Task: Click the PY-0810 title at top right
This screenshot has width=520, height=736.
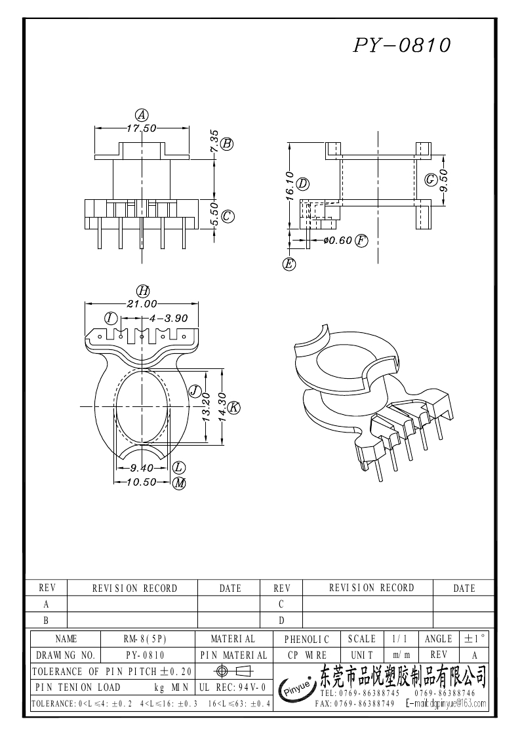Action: [x=402, y=45]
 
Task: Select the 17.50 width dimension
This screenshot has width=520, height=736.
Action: [x=142, y=128]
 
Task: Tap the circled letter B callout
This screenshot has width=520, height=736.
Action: [x=227, y=144]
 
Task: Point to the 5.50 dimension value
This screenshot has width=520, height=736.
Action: [x=214, y=214]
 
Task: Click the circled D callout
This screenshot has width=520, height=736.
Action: [x=302, y=184]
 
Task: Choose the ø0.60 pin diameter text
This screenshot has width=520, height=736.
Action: [x=338, y=241]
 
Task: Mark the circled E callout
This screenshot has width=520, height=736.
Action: [x=289, y=264]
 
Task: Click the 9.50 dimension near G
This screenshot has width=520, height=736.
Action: [x=444, y=180]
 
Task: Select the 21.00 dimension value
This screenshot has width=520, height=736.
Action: [x=142, y=304]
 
